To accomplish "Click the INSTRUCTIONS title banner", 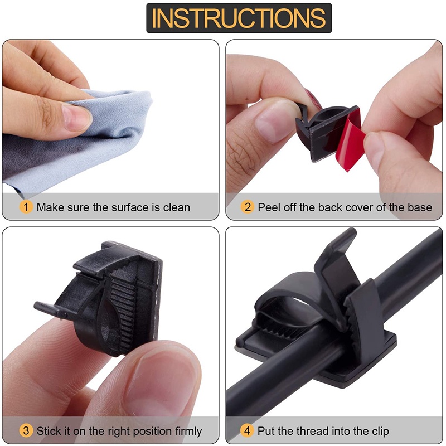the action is click(x=239, y=18).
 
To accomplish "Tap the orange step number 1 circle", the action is click(x=26, y=207).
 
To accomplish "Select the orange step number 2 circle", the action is click(x=247, y=207).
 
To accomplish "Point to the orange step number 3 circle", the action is click(x=26, y=430).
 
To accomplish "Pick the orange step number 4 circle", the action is click(x=247, y=430).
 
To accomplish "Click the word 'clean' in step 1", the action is click(x=176, y=207).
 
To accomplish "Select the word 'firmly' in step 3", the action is click(x=188, y=431).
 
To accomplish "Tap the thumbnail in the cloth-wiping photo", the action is click(x=76, y=117).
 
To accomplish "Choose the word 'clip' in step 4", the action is click(x=379, y=431).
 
